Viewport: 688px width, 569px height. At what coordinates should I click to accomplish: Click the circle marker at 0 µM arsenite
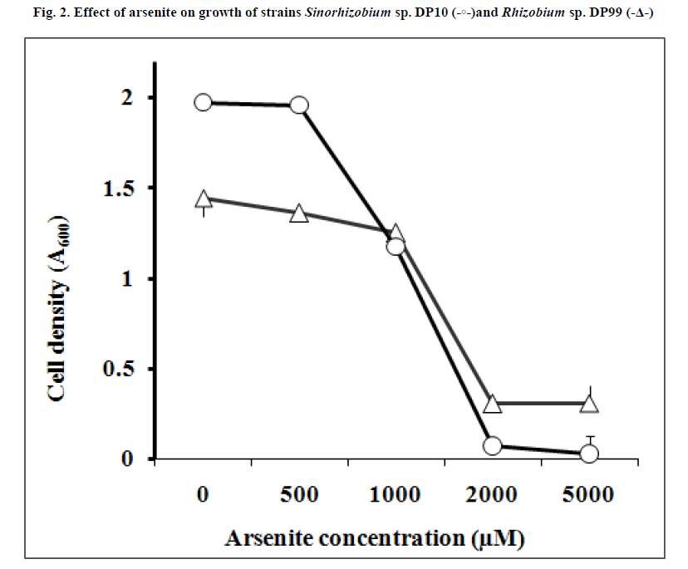tap(203, 102)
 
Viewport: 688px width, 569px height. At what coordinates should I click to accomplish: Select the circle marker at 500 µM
tap(299, 105)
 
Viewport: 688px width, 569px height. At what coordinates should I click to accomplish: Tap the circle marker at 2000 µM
tap(492, 446)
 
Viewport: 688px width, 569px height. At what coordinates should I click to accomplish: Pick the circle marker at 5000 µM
tap(589, 454)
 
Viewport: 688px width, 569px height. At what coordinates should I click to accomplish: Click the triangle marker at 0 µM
tap(203, 199)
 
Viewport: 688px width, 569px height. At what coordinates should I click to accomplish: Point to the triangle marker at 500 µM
tap(299, 214)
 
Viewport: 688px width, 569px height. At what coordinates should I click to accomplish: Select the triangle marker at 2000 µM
tap(492, 405)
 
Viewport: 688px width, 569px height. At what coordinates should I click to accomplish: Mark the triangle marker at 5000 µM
tap(589, 405)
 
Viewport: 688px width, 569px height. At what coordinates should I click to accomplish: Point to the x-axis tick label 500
tap(299, 496)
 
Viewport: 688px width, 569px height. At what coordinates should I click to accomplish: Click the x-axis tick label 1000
tap(396, 496)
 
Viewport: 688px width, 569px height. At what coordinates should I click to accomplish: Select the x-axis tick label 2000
tap(492, 496)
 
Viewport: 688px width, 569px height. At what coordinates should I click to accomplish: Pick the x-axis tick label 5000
tap(589, 496)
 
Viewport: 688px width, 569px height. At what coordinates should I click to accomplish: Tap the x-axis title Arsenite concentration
tap(376, 538)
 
